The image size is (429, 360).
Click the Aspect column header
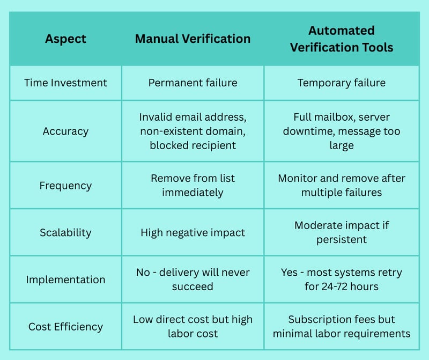pos(65,39)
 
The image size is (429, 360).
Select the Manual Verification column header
pos(193,39)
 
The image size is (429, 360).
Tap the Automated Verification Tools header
pos(342,39)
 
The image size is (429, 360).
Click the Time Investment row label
pos(65,83)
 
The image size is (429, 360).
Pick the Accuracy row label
pos(65,131)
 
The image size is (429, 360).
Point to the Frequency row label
pos(65,186)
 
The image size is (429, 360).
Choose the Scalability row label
pos(65,233)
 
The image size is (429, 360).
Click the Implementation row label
pos(65,280)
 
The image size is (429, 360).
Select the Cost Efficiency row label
pos(65,327)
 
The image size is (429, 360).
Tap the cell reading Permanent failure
pos(193,83)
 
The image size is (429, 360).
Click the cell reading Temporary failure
pos(342,83)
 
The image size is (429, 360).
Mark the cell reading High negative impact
pos(193,233)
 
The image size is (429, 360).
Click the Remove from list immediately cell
pos(193,185)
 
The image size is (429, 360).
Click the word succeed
pos(193,286)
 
